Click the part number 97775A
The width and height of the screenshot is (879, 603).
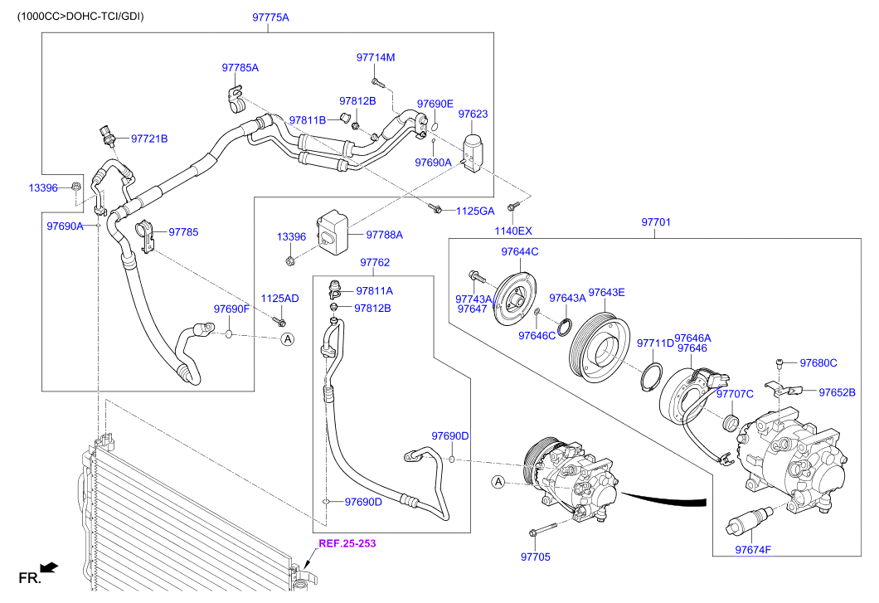coord(271,17)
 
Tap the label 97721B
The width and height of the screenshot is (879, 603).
coord(149,139)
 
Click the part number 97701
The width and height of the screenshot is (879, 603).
coord(655,222)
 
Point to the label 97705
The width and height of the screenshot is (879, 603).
coord(535,557)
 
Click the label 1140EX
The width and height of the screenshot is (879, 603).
coord(513,231)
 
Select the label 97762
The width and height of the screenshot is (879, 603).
coord(375,262)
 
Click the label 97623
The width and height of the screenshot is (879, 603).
coord(473,114)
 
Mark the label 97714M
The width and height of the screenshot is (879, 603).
coord(376,57)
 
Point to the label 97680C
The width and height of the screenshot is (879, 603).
coord(818,362)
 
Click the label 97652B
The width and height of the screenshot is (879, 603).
coord(838,392)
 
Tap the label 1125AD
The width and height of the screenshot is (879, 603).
coord(280,298)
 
